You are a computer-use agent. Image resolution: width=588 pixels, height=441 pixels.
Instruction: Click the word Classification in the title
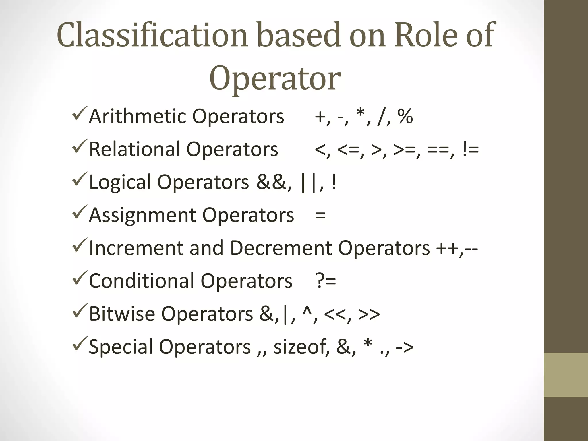click(152, 35)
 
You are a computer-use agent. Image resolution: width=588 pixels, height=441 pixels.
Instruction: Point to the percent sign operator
click(405, 116)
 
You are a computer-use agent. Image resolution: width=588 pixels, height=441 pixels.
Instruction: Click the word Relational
click(134, 149)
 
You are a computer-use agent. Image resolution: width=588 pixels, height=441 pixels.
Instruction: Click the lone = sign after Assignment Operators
click(320, 215)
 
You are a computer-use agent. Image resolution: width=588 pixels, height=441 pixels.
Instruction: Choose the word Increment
click(136, 248)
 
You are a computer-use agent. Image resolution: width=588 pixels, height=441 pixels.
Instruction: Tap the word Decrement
click(281, 248)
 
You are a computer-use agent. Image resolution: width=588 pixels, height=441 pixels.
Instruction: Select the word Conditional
click(142, 281)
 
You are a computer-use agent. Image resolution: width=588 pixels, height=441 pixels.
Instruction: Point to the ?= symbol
click(326, 281)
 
